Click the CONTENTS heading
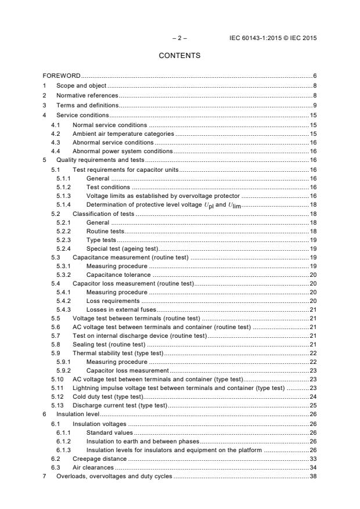click(x=179, y=56)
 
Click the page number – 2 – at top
click(x=179, y=38)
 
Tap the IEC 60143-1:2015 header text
click(x=273, y=38)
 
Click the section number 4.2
click(x=56, y=133)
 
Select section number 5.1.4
click(x=63, y=205)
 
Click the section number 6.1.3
click(x=63, y=450)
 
